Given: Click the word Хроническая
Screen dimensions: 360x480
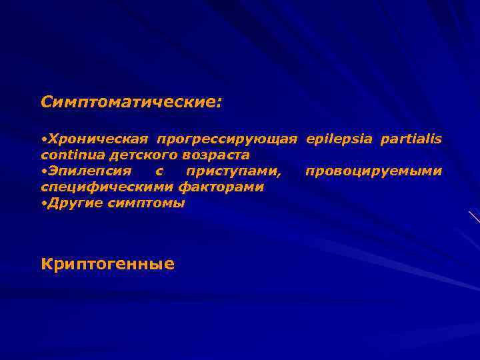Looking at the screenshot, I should [x=97, y=139].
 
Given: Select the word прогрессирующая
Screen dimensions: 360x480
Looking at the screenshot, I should [x=227, y=139].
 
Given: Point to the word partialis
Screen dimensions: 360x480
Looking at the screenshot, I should [x=411, y=139].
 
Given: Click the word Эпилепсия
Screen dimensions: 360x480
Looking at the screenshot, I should [x=89, y=171].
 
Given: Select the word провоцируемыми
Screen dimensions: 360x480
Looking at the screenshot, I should [x=373, y=172].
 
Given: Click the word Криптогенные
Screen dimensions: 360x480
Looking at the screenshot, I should [x=107, y=265].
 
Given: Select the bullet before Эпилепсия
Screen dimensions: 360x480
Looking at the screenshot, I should [x=43, y=172].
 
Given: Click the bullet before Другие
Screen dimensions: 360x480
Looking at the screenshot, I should [x=43, y=204].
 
